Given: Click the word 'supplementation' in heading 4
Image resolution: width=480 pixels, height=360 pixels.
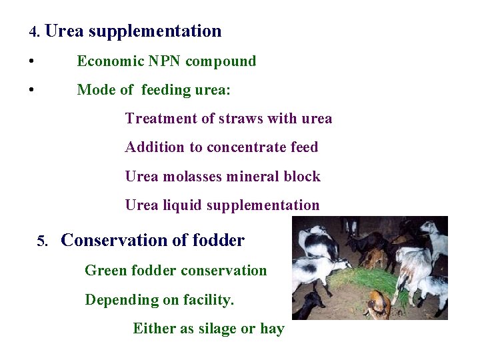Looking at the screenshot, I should point(155,31).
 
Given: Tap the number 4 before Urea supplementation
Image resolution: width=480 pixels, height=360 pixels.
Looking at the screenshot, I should point(34,32).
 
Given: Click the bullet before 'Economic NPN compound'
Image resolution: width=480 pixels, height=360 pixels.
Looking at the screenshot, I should point(32,62).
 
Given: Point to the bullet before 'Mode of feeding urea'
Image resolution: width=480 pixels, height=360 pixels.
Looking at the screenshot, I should point(32,90).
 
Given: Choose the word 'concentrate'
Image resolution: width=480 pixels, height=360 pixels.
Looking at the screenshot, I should point(248,147).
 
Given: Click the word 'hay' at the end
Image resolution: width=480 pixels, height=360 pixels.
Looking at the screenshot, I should point(272,329).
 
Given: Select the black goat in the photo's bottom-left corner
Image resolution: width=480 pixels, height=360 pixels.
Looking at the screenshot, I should point(309,306).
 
